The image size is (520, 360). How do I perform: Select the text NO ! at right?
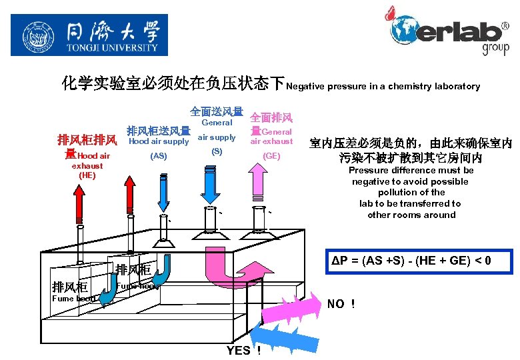pos(341,304)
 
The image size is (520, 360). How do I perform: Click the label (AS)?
pos(159,156)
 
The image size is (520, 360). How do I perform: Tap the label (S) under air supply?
pos(217,151)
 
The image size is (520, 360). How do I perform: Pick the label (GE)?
pos(271,155)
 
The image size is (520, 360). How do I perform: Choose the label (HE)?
pos(87,175)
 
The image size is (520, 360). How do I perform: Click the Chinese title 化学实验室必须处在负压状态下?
pos(173,84)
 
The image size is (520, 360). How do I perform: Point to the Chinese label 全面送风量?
pos(217,111)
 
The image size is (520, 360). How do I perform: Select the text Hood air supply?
pos(159,141)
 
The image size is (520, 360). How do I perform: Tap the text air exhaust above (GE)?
pos(271,141)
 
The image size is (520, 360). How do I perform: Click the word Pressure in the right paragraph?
pos(370,170)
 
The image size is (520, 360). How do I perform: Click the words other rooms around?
pos(411,215)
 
